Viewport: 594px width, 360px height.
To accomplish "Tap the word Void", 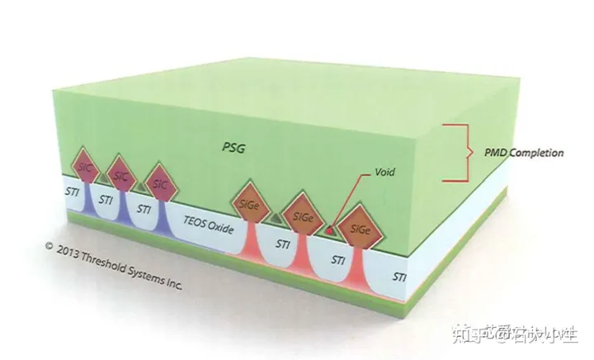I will coord(385,173).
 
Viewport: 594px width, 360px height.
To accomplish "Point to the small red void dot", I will coord(330,230).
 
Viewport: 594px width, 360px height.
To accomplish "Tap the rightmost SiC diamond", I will coord(159,181).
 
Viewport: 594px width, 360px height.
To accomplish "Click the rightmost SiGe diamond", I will coord(361,229).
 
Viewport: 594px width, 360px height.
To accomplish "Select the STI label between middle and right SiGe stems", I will coord(337,260).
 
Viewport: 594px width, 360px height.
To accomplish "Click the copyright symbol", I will coord(49,245).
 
